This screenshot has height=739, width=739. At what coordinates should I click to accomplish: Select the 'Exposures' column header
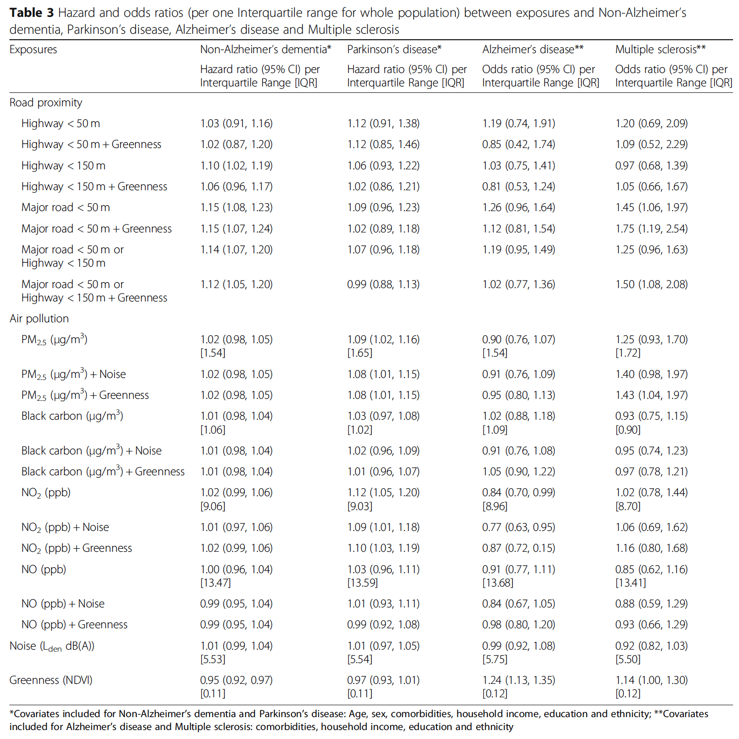(x=33, y=50)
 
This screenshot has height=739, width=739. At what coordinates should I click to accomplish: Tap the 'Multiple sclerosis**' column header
(x=660, y=50)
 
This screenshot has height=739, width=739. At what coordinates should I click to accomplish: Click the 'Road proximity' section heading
(x=46, y=103)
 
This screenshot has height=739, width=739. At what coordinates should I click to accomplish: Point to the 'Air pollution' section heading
(x=39, y=319)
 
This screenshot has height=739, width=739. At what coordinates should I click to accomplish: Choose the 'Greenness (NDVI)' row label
(x=51, y=680)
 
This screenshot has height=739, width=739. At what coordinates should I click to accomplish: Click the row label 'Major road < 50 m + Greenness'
(x=96, y=229)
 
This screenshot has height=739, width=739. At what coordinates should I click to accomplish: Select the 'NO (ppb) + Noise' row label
(x=63, y=604)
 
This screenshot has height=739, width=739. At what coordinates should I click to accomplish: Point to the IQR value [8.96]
(x=495, y=507)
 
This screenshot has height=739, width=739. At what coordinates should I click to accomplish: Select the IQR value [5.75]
(x=495, y=660)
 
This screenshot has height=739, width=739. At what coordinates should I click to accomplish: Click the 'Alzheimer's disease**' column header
(x=532, y=50)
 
